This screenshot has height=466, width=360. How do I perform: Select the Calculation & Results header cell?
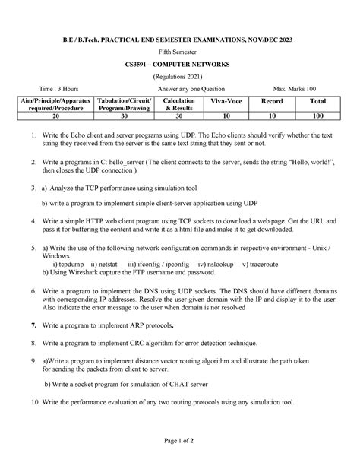(x=178, y=104)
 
